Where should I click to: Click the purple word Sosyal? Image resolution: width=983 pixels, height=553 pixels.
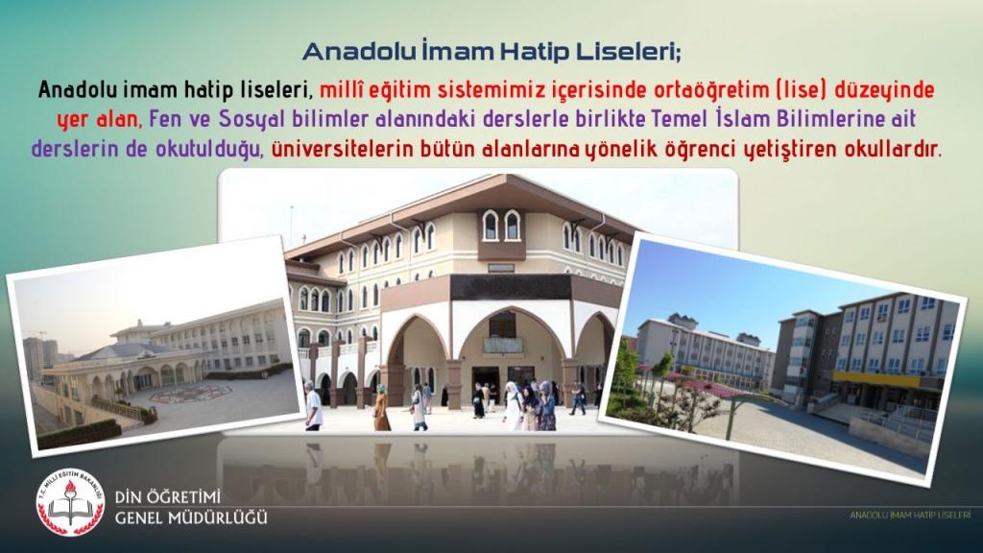click(x=253, y=118)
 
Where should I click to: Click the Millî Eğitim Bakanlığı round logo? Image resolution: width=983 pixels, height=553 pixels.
click(x=70, y=502)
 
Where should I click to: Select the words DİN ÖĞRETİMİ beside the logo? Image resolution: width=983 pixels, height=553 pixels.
click(x=168, y=497)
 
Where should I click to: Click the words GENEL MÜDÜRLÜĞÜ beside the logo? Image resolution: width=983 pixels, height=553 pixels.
click(x=191, y=517)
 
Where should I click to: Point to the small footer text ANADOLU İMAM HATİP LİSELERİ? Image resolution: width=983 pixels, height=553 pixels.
click(x=910, y=515)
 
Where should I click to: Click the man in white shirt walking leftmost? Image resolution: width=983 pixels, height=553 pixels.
click(x=313, y=406)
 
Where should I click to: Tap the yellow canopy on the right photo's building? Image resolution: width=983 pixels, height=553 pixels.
click(x=876, y=379)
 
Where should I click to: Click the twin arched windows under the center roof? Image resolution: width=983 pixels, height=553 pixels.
click(x=501, y=225)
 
